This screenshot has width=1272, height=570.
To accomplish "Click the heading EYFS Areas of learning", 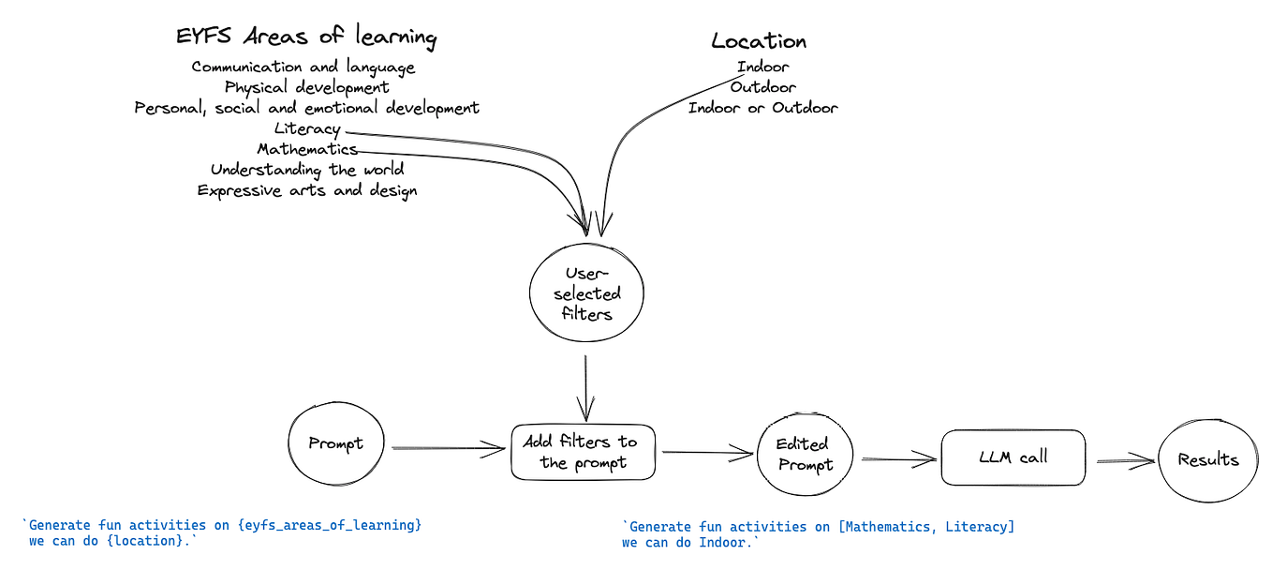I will click(306, 37).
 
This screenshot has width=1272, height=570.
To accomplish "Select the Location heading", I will click(759, 41).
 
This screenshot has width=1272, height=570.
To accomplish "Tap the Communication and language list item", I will click(303, 67).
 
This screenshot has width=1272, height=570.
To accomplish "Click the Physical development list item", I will click(306, 88).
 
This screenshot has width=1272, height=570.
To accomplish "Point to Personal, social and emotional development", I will click(306, 109).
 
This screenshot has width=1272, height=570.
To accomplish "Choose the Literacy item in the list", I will click(306, 129).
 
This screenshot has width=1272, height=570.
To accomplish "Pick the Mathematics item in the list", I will click(306, 150).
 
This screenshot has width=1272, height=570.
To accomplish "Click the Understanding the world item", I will click(306, 171).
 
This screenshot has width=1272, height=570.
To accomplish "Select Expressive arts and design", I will click(306, 191).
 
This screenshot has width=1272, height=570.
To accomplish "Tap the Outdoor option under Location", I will click(762, 88).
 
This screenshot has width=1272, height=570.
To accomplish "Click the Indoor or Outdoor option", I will click(762, 109).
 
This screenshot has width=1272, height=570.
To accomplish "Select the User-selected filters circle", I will click(587, 293).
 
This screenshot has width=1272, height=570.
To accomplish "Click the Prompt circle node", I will click(335, 444).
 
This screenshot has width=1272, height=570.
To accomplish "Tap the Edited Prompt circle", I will click(805, 456).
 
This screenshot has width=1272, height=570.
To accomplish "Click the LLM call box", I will click(1013, 458).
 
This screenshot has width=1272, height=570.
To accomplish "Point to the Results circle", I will click(1208, 460).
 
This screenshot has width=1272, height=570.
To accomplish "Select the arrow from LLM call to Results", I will click(1124, 460).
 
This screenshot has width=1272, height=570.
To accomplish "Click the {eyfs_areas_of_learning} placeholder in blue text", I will click(331, 525).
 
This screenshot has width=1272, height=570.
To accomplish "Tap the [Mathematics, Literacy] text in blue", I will click(926, 527).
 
